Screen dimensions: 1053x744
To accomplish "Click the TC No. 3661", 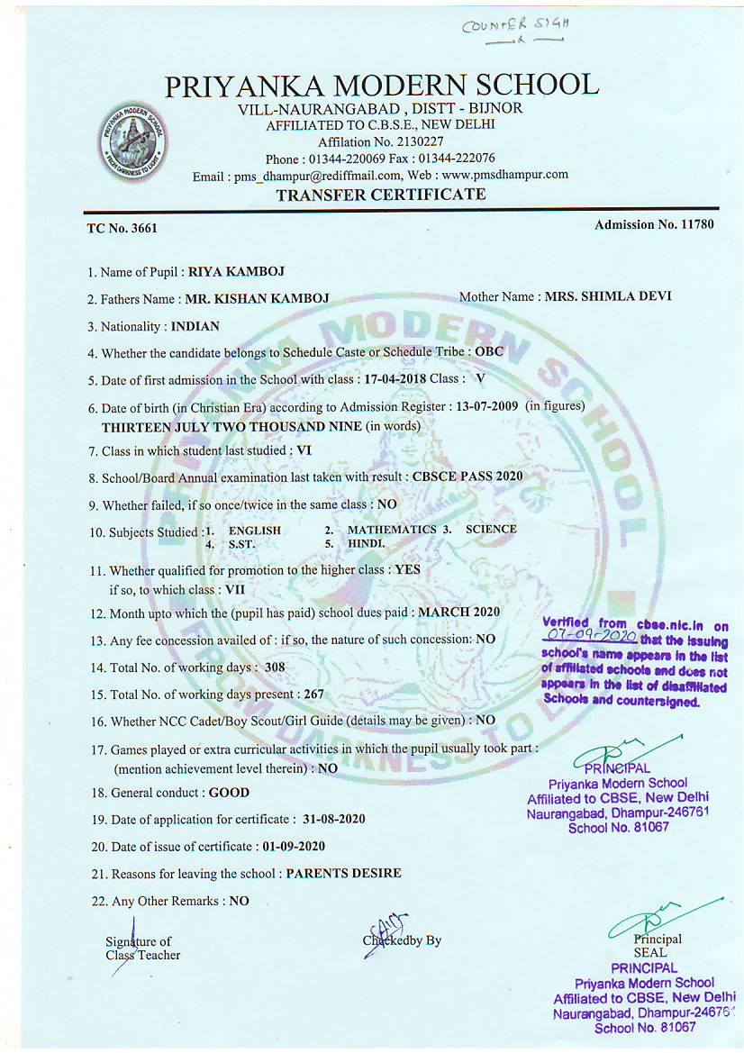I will click(122, 228).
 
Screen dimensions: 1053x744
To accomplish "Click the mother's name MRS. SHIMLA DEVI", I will click(608, 296).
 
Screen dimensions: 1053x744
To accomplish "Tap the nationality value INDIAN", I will click(195, 326).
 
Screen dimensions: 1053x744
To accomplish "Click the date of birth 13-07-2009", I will click(486, 406).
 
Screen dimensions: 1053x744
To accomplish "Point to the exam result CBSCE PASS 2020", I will click(467, 477).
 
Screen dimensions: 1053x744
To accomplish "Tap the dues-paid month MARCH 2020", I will click(459, 612).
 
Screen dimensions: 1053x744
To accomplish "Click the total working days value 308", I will click(274, 667).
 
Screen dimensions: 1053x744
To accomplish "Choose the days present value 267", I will click(312, 694).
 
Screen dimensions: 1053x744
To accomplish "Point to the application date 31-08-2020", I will click(334, 819).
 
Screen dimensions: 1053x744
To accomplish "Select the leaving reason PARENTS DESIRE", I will click(343, 873).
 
